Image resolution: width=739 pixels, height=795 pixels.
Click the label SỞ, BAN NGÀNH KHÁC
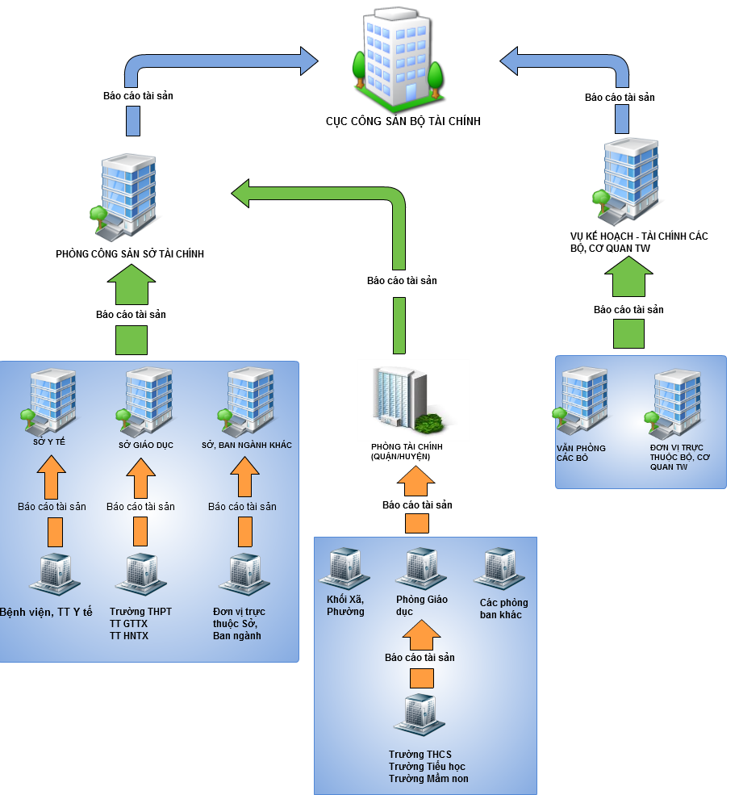[247, 446]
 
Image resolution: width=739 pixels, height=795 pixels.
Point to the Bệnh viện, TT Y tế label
[47, 613]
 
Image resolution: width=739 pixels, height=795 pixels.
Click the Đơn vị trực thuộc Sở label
[239, 624]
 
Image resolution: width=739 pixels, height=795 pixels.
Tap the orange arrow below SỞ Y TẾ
[52, 477]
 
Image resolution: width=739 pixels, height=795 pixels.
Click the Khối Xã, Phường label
[345, 605]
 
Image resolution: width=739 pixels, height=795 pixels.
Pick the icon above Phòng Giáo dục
[420, 568]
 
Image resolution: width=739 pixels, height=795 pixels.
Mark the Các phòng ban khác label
[503, 609]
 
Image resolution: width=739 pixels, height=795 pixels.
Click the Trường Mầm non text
[428, 779]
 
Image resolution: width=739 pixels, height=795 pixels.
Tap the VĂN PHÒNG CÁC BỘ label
[580, 453]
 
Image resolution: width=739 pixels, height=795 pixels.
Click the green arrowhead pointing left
[242, 193]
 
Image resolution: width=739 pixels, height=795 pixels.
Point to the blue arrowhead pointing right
[309, 61]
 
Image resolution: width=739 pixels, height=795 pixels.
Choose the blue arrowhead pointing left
[510, 61]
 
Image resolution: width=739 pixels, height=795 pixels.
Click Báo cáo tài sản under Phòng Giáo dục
[420, 658]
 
